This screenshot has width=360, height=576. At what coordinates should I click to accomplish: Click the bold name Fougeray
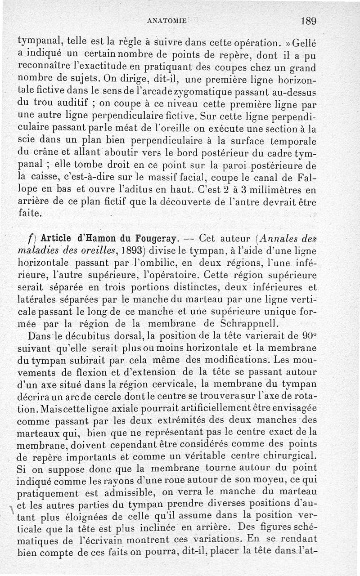pos(146,237)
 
